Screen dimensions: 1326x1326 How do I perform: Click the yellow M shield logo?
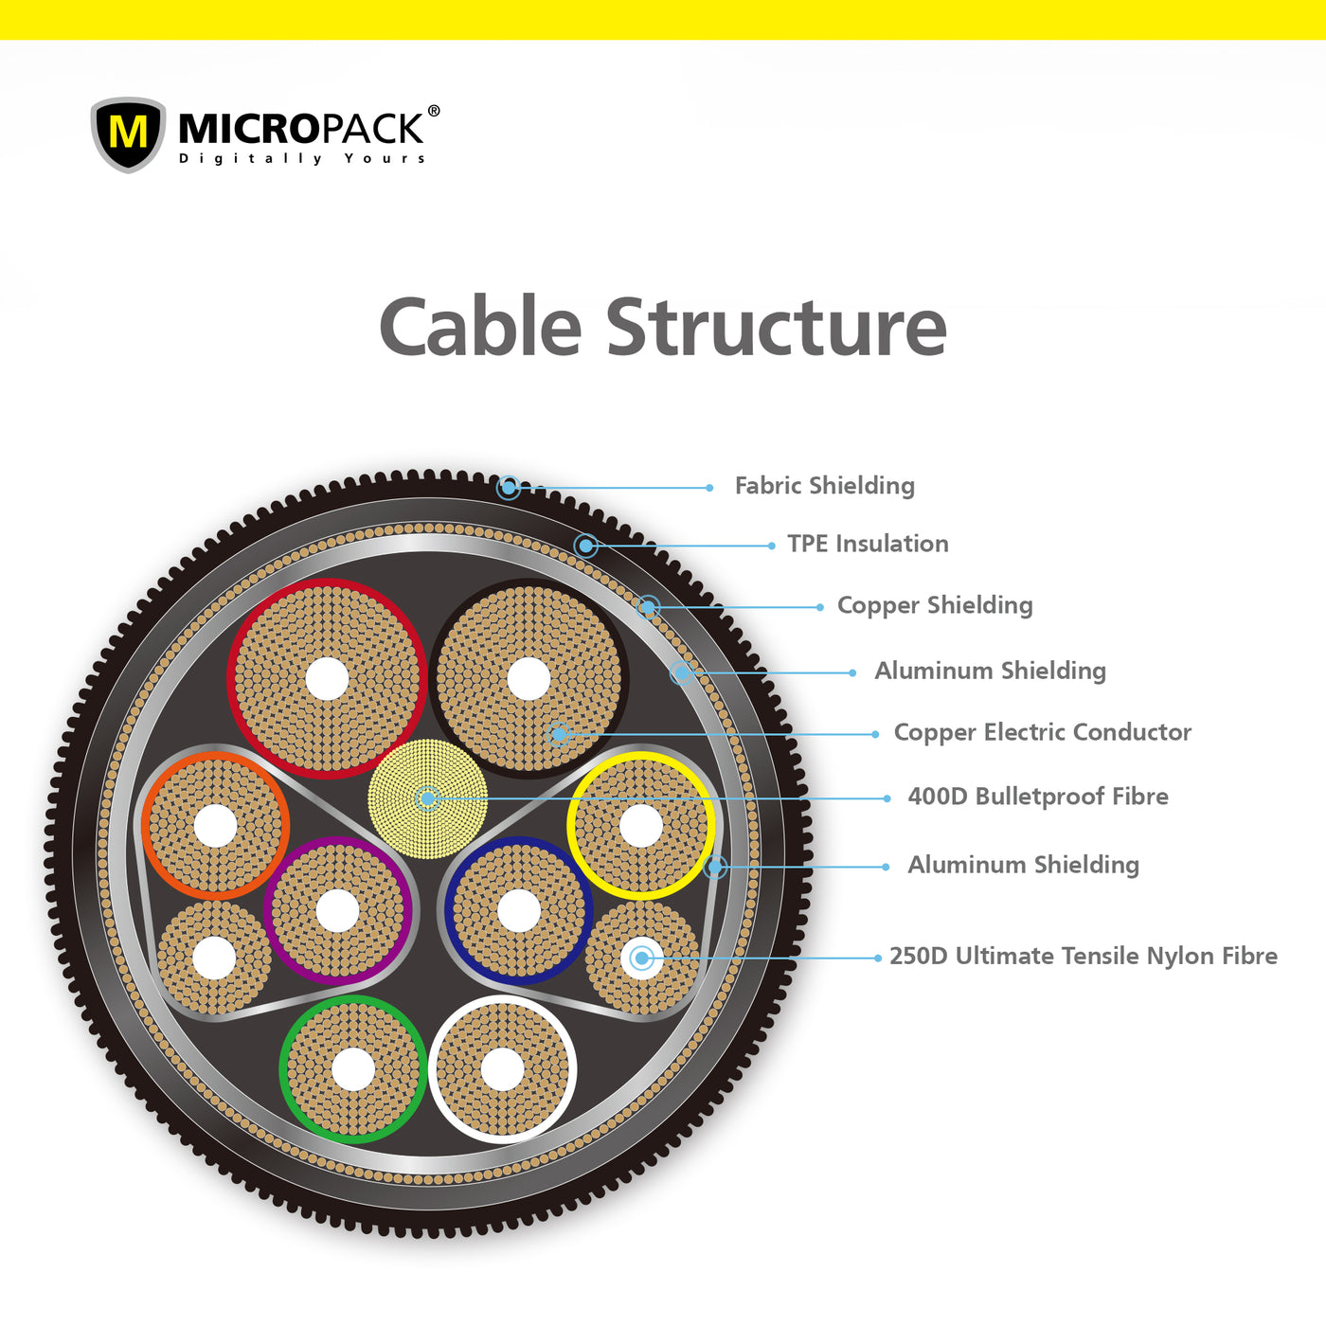128,134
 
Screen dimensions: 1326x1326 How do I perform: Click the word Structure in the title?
776,328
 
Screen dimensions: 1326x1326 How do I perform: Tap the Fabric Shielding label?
824,486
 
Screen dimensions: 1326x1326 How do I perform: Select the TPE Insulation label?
868,544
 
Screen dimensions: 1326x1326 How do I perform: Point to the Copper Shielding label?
935,605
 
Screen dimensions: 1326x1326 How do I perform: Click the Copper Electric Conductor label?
1042,732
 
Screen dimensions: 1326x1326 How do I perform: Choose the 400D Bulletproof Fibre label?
1037,797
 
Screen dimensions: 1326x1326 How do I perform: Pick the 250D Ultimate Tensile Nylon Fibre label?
1083,956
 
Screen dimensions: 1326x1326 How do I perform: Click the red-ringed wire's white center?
328,678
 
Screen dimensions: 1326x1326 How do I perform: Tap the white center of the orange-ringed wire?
215,826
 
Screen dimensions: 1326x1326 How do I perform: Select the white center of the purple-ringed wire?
338,911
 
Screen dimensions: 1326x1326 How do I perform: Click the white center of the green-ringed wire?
353,1069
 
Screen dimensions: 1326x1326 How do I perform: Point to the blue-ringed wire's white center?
519,911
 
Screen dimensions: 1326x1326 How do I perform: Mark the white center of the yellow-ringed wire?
641,826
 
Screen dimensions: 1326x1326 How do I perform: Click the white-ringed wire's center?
502,1069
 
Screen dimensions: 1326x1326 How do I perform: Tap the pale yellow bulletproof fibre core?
428,798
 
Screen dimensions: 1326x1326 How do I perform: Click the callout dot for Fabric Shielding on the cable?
509,488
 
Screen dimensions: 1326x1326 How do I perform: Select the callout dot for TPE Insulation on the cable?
586,546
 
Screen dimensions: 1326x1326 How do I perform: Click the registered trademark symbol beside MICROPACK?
434,111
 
